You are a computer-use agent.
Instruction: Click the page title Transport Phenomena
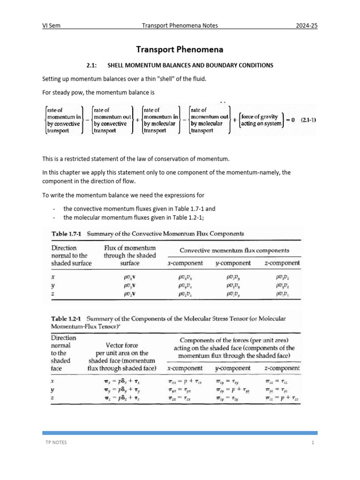[x=180, y=49]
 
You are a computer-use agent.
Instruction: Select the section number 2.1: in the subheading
[x=92, y=65]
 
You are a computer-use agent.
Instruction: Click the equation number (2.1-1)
[x=307, y=120]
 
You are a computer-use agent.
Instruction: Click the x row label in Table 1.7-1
[x=52, y=277]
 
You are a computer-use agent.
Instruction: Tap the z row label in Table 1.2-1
[x=52, y=397]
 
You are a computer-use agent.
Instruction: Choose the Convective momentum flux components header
[x=234, y=250]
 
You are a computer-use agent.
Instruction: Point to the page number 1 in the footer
[x=312, y=443]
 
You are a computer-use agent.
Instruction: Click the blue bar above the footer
[x=180, y=433]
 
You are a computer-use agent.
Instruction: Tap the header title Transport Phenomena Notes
[x=180, y=26]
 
